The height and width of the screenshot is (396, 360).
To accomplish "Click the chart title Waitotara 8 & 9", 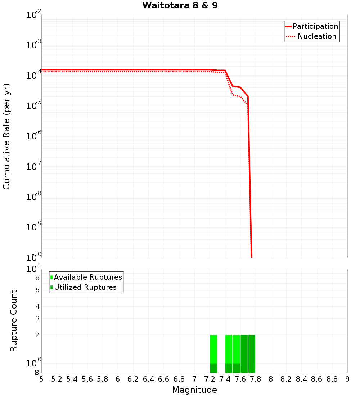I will pyautogui.click(x=180, y=5).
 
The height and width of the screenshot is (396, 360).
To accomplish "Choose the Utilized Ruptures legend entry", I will pyautogui.click(x=85, y=287).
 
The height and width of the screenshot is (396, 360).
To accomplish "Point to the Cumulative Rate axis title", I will pyautogui.click(x=6, y=136).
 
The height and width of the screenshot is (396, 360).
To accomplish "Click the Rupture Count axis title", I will pyautogui.click(x=14, y=321).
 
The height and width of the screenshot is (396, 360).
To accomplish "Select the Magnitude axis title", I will pyautogui.click(x=194, y=390).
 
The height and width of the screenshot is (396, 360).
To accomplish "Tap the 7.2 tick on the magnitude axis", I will pyautogui.click(x=210, y=379).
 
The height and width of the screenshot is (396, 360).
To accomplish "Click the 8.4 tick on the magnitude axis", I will pyautogui.click(x=302, y=379).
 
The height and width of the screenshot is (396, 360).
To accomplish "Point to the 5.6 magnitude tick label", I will pyautogui.click(x=87, y=379).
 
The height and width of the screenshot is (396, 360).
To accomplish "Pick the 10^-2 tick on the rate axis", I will pyautogui.click(x=34, y=15).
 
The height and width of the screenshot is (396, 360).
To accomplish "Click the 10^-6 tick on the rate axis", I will pyautogui.click(x=34, y=136).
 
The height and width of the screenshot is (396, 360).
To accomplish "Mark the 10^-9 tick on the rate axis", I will pyautogui.click(x=34, y=227).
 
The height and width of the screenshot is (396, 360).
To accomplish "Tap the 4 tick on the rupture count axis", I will pyautogui.click(x=37, y=306).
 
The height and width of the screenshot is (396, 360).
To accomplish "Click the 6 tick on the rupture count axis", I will pyautogui.click(x=37, y=290).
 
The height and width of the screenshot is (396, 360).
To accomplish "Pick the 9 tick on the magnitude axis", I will pyautogui.click(x=347, y=379).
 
